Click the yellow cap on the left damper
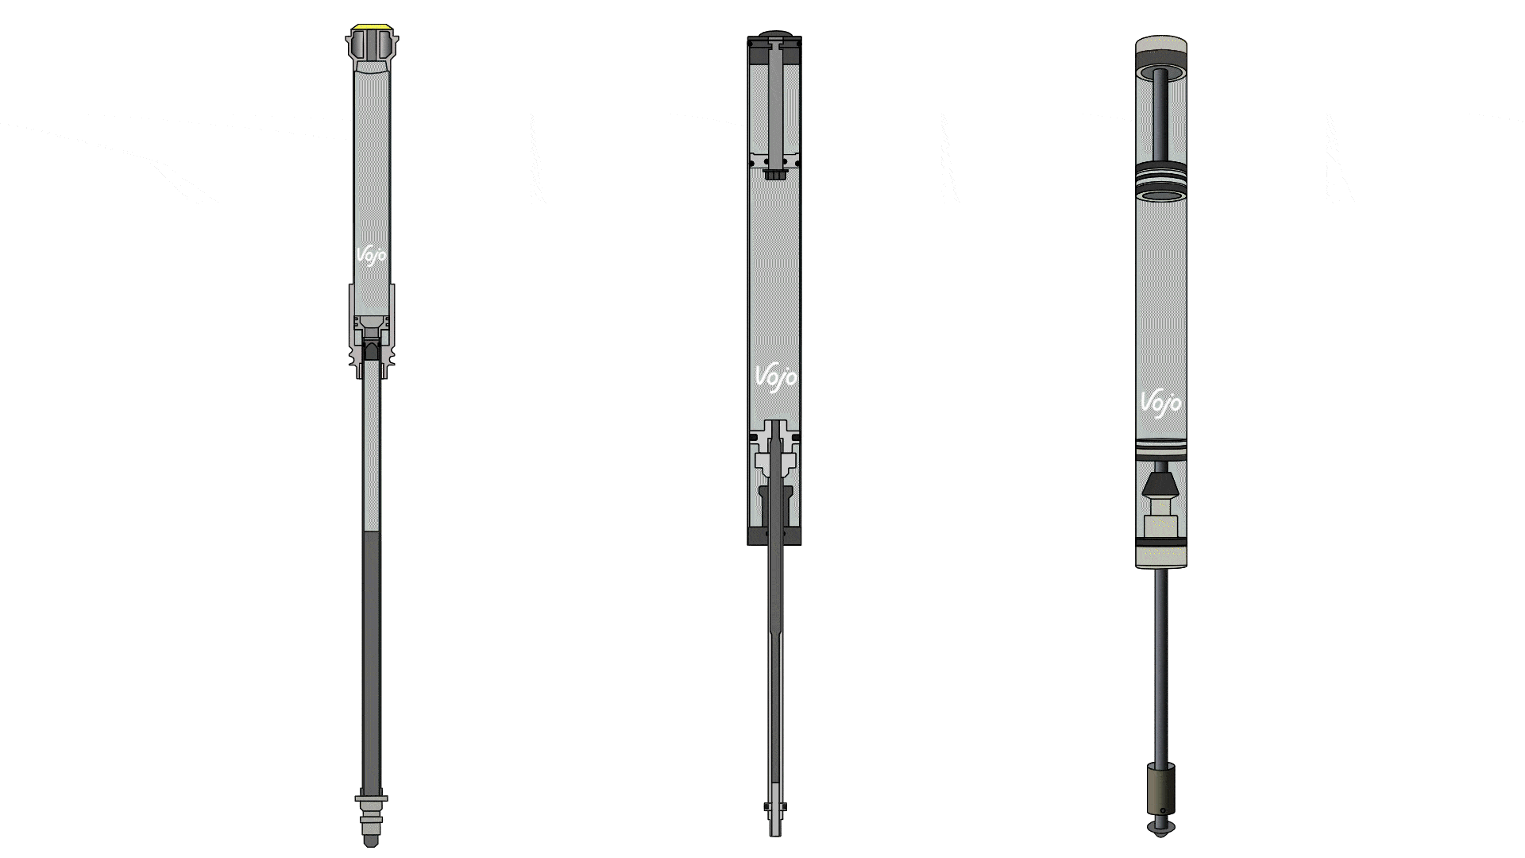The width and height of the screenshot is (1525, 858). click(x=372, y=28)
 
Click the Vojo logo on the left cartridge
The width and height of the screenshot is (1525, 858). click(x=371, y=256)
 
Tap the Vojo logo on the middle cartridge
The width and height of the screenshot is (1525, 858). click(x=774, y=377)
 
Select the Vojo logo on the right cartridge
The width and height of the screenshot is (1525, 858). click(x=1160, y=402)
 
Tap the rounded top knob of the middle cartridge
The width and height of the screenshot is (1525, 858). click(x=774, y=33)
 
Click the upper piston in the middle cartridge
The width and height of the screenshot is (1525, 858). click(x=774, y=164)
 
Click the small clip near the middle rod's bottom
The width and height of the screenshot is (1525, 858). click(x=774, y=806)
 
